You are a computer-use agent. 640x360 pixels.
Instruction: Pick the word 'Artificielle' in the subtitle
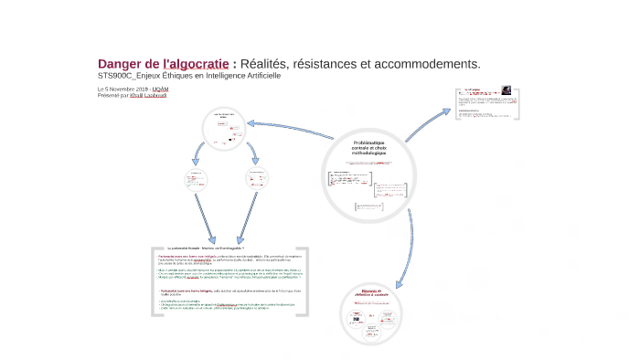point(257,75)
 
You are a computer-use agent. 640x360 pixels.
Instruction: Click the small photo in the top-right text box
point(504,92)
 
